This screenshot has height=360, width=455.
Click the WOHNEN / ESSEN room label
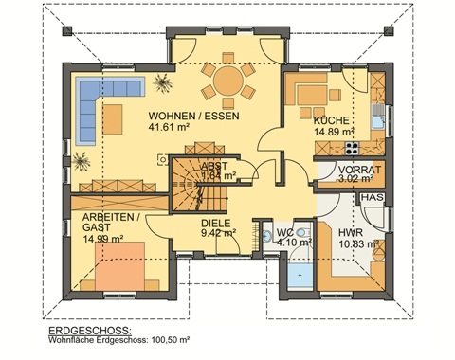tap(192, 117)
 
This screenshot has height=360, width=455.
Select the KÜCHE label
tap(332, 121)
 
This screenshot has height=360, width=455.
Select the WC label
tap(283, 231)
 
